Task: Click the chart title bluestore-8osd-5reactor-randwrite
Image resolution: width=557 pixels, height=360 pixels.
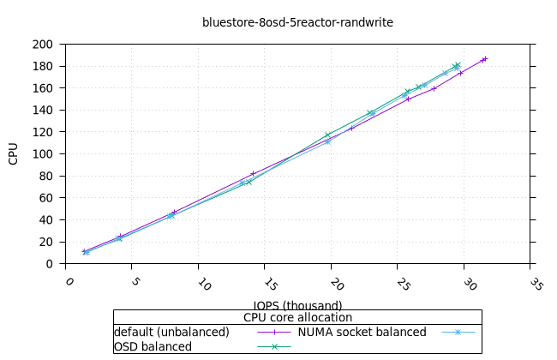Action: [x=297, y=22]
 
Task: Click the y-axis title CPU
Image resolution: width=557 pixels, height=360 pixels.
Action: [x=14, y=153]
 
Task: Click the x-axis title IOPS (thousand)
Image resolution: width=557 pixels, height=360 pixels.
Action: [x=297, y=305]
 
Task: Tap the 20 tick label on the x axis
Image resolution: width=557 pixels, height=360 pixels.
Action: [x=336, y=284]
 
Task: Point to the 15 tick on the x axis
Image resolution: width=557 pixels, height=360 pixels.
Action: [x=270, y=284]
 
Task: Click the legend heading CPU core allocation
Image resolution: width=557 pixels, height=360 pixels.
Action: [x=297, y=317]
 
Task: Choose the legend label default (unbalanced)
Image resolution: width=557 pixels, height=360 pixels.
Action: [x=171, y=332]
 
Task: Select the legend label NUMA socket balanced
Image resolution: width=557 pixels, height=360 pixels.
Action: [x=362, y=332]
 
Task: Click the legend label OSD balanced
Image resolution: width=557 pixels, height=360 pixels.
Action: [x=153, y=346]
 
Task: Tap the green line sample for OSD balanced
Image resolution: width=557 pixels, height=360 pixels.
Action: [x=274, y=346]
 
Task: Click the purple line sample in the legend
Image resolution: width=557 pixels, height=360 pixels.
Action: [x=274, y=332]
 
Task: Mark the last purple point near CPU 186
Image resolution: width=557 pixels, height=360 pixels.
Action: [x=485, y=59]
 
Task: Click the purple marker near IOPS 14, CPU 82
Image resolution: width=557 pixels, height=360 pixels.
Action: [x=253, y=174]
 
